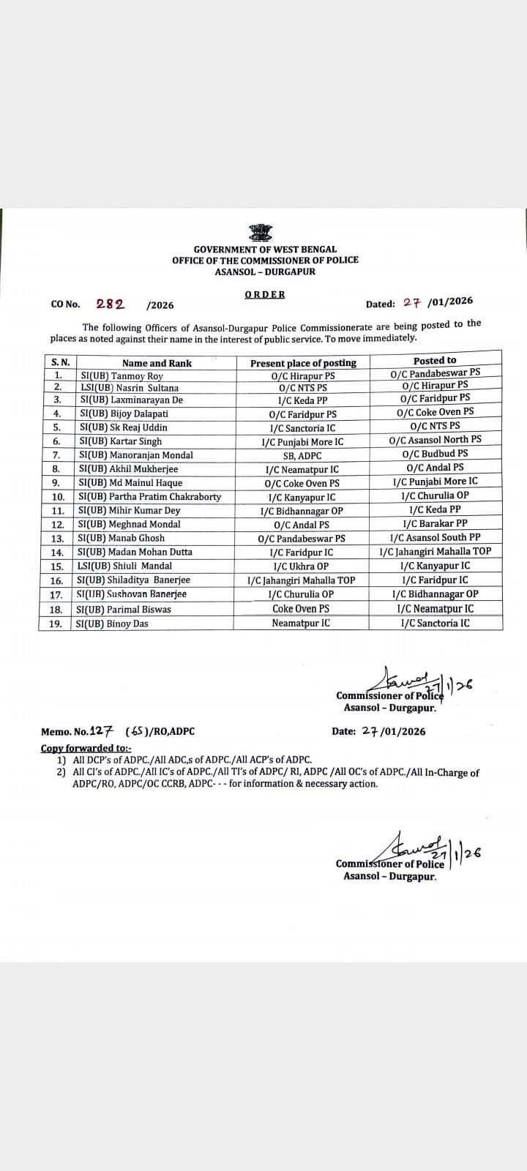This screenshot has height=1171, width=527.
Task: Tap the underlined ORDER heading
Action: click(x=265, y=294)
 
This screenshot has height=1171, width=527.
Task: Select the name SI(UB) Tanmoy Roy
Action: click(x=121, y=376)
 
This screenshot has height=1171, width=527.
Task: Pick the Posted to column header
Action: click(x=435, y=360)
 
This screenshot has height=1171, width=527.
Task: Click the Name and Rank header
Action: click(x=157, y=363)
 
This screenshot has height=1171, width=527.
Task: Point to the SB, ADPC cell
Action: click(x=302, y=456)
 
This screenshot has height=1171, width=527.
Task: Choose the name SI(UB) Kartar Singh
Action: click(x=120, y=441)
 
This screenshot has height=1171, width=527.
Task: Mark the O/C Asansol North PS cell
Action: click(x=436, y=439)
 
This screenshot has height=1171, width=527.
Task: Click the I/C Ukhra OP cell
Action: click(x=301, y=566)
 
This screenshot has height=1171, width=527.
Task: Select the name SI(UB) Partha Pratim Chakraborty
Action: click(x=149, y=497)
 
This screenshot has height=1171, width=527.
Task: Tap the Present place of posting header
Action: click(x=303, y=363)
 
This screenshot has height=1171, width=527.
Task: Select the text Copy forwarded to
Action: click(x=86, y=748)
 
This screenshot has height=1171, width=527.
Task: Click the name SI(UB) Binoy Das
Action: click(x=112, y=624)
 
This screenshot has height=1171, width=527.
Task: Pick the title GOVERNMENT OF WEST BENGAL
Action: click(x=265, y=250)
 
